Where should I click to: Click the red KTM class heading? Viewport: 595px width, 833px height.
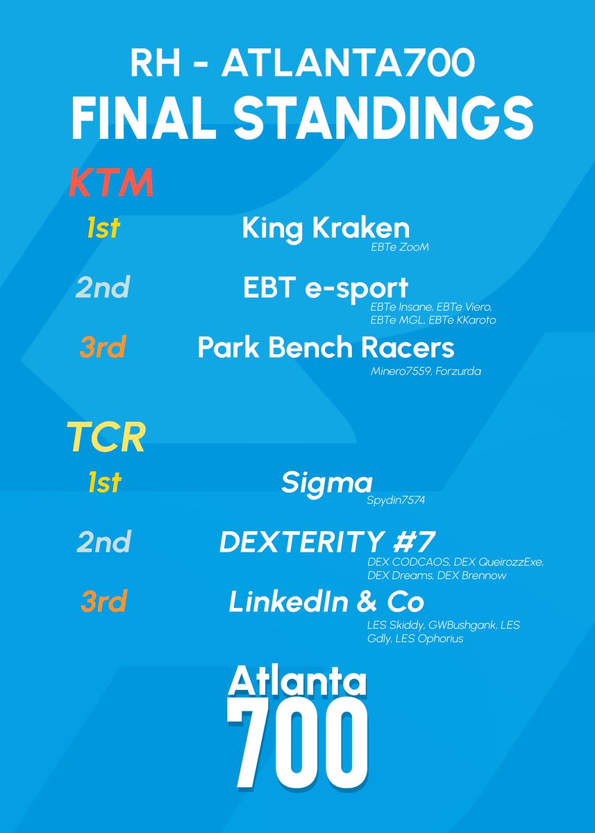pyautogui.click(x=110, y=184)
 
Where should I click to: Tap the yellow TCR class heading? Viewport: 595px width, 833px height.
pyautogui.click(x=106, y=437)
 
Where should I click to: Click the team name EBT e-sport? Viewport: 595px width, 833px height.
pyautogui.click(x=326, y=289)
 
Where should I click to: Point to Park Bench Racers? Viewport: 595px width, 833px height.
pyautogui.click(x=326, y=348)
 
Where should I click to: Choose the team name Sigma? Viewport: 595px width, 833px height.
pyautogui.click(x=327, y=483)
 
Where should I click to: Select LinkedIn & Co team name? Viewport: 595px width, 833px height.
pyautogui.click(x=326, y=602)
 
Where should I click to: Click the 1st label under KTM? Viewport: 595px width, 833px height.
pyautogui.click(x=103, y=228)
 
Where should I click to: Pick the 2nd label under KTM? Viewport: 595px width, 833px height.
pyautogui.click(x=103, y=288)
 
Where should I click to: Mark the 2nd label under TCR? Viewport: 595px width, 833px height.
pyautogui.click(x=103, y=542)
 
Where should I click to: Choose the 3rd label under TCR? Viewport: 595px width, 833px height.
pyautogui.click(x=103, y=602)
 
